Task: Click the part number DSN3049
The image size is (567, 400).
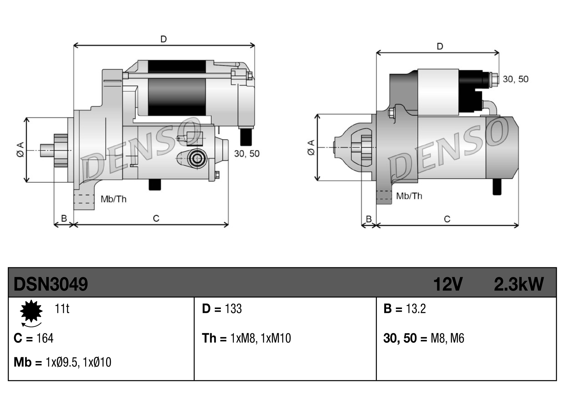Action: click(50, 284)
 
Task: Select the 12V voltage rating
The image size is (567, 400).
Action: click(448, 284)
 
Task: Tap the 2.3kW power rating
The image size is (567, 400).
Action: click(519, 284)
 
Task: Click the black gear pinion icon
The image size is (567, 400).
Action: click(31, 311)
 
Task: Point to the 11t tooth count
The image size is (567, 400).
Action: click(62, 309)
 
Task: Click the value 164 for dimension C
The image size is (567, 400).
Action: click(45, 338)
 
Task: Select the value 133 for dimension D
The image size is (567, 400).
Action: click(233, 309)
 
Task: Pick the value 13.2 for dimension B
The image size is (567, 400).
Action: click(416, 309)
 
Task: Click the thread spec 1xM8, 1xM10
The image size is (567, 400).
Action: click(260, 338)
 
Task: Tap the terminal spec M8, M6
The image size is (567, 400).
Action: click(447, 338)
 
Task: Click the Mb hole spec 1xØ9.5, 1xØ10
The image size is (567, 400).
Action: click(78, 362)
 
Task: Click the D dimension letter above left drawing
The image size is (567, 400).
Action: click(163, 39)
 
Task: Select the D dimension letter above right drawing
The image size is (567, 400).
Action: click(440, 46)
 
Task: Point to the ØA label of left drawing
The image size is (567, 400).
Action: click(20, 150)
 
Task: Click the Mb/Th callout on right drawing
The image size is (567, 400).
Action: click(409, 196)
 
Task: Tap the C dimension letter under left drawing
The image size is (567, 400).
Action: click(156, 218)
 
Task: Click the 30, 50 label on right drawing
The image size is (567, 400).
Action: click(515, 79)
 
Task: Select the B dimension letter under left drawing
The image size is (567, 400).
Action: click(64, 218)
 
